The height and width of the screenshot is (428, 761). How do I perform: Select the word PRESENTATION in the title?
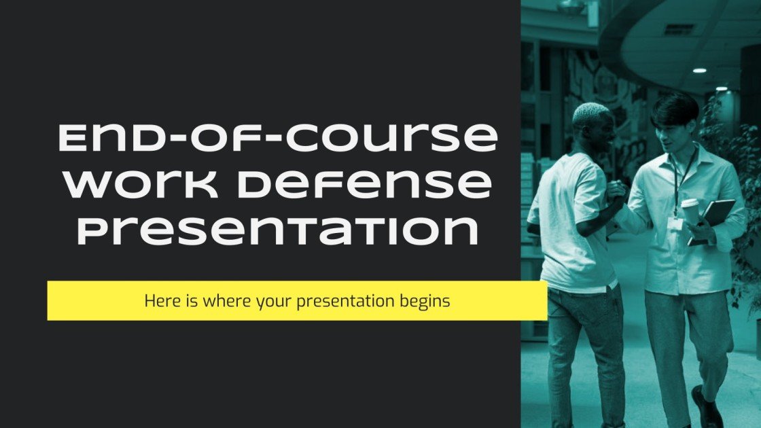(x=277, y=231)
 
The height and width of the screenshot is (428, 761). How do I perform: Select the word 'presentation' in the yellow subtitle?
(x=349, y=300)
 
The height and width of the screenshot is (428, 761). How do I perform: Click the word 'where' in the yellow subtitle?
(x=216, y=300)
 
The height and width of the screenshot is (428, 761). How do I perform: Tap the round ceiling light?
(x=699, y=70)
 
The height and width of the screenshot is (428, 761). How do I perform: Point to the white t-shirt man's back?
(x=564, y=217)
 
